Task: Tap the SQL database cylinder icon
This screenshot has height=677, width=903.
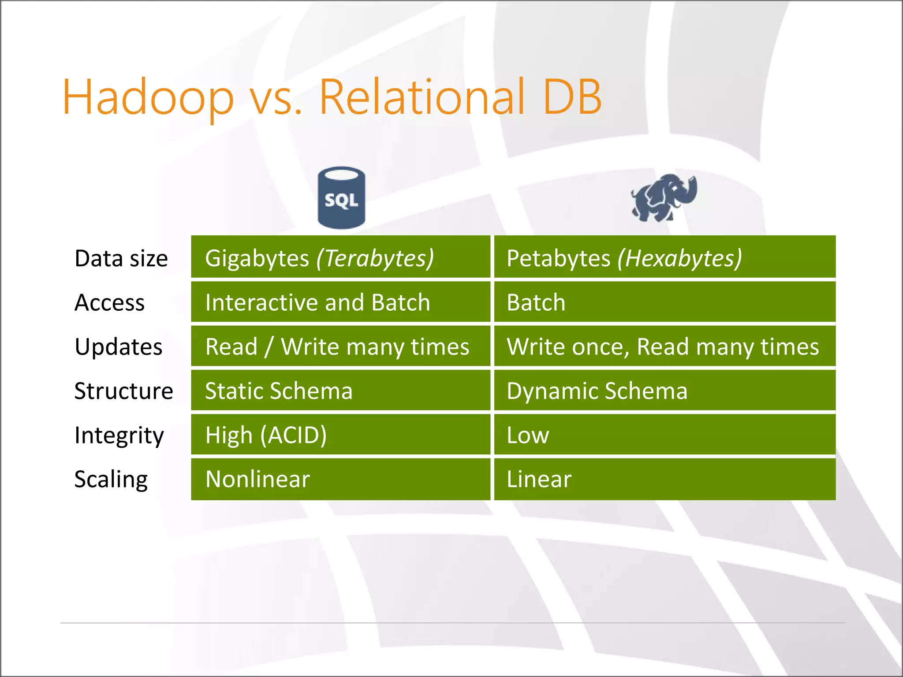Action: [341, 198]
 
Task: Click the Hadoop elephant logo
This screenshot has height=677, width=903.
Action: [664, 198]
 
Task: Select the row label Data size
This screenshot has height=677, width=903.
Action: [121, 258]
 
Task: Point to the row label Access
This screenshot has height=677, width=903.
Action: [109, 303]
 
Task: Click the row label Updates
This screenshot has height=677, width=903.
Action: [119, 347]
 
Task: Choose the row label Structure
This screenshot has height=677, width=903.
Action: [123, 391]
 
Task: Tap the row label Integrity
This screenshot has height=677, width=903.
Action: [119, 435]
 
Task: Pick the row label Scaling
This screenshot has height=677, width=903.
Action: [111, 480]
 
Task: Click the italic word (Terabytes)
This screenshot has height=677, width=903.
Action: [375, 258]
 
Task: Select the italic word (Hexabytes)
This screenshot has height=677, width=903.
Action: [679, 258]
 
